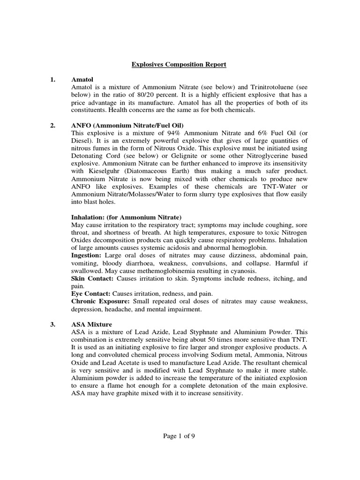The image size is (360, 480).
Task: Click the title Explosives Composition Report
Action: (179, 64)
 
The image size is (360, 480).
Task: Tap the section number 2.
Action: (53, 125)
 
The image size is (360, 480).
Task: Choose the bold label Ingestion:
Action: (86, 255)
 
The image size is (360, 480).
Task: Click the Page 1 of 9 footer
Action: (179, 435)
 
